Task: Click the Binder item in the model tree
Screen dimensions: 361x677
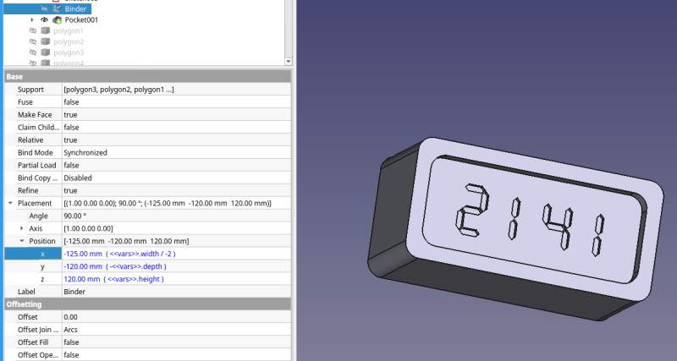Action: (75, 8)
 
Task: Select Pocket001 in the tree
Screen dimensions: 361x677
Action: (82, 19)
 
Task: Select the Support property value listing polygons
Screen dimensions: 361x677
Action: (119, 90)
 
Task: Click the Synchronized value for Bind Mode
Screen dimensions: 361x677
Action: (85, 153)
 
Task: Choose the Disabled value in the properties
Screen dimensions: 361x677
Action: (78, 178)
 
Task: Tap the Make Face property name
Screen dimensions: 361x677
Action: (35, 115)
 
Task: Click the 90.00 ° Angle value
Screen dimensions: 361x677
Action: (75, 216)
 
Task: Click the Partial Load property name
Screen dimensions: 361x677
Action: (37, 166)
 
